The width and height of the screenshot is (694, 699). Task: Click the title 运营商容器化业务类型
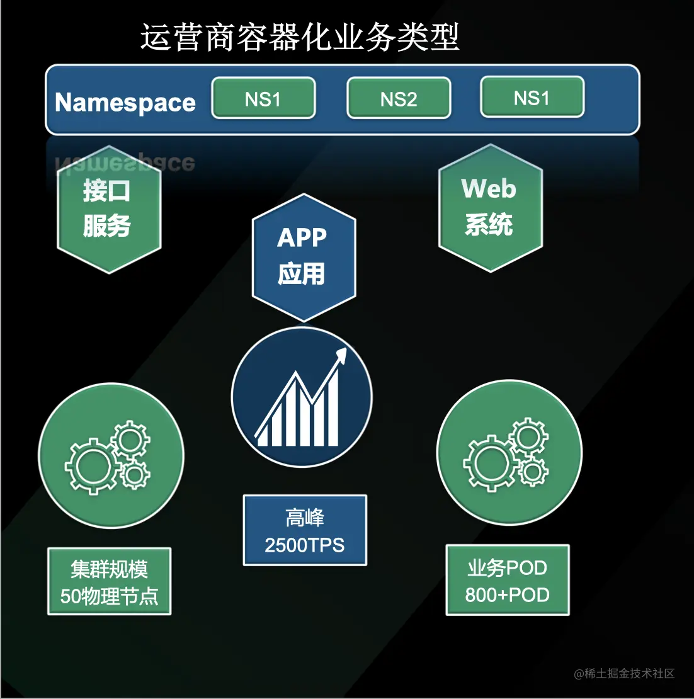coord(300,37)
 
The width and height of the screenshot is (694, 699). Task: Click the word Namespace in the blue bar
coord(125,102)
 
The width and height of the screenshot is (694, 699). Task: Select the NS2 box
coord(399,98)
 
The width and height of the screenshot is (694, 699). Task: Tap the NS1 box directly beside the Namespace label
coord(263,98)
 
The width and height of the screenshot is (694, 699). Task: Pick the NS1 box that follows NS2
coord(532,97)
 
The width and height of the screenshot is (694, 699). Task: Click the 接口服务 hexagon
coord(108,209)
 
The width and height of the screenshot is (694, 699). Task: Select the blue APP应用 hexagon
coord(304,257)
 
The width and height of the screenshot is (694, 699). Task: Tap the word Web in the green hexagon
coord(489,189)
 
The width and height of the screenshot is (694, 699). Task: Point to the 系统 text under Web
coord(489,225)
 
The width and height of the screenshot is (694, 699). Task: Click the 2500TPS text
coord(305,545)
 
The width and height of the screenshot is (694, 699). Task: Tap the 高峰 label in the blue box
coord(305,518)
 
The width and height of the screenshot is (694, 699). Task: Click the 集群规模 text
coord(109,569)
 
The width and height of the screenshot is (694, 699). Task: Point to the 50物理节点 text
coord(109,596)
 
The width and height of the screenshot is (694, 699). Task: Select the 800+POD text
coord(508,595)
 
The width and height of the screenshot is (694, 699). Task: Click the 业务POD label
coord(508,568)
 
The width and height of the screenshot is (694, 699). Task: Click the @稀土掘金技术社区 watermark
coord(624,674)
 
